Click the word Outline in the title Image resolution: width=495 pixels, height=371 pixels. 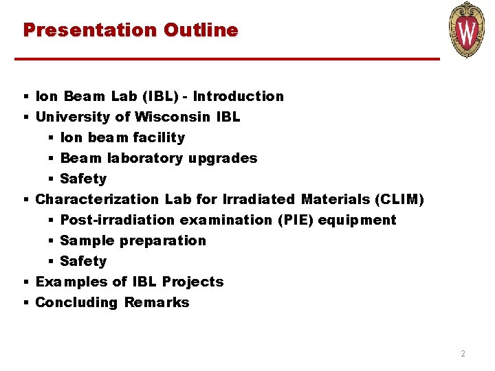tap(201, 30)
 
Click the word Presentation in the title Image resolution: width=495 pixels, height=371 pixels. tap(90, 30)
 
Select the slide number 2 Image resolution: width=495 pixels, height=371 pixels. tap(463, 354)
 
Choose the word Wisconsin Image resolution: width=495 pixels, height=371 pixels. tap(173, 117)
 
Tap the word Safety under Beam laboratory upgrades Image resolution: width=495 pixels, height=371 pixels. tap(83, 179)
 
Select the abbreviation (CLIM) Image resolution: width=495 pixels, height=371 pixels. tap(399, 199)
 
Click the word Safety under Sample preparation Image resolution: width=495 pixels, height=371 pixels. tap(83, 261)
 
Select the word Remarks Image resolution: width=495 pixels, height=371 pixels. tap(157, 302)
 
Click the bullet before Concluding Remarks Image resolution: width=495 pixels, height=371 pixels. tap(25, 302)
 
